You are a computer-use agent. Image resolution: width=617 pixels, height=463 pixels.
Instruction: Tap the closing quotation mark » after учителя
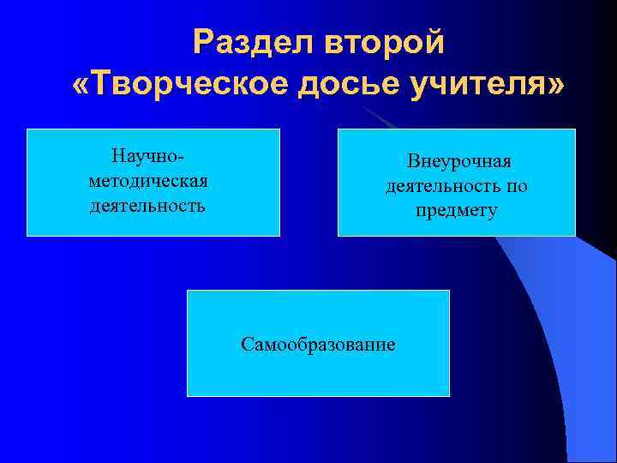pos(556,86)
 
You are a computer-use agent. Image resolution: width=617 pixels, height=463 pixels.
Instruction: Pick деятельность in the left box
pos(148,206)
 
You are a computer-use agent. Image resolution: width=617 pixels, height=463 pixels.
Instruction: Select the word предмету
pos(456,210)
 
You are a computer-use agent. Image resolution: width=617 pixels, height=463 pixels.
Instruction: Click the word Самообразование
pos(318,345)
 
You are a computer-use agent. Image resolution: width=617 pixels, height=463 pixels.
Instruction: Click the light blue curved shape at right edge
pos(583,343)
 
